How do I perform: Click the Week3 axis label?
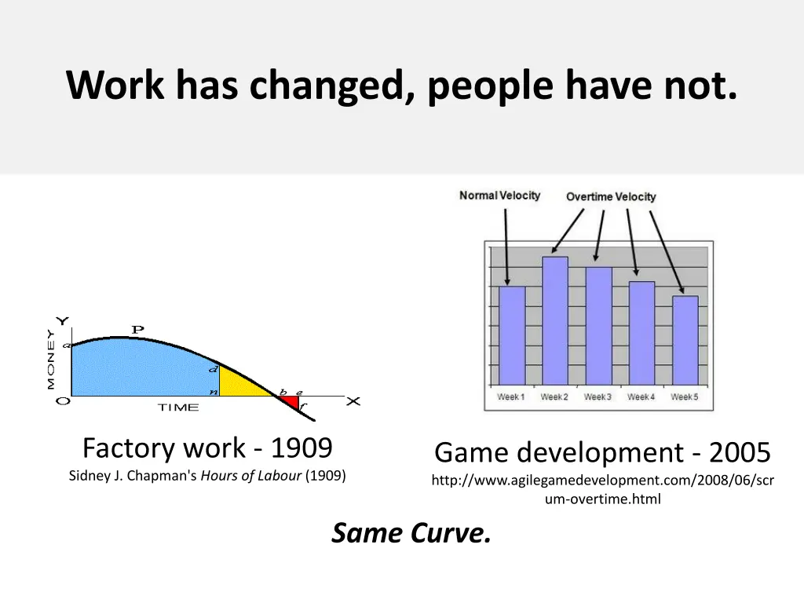tap(598, 397)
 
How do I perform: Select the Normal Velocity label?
tap(499, 196)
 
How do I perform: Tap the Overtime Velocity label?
tap(611, 197)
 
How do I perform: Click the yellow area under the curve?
tap(239, 385)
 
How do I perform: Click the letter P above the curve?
tap(137, 330)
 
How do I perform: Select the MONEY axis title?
tap(51, 360)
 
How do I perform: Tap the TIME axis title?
tap(178, 407)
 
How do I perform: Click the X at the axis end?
tap(353, 401)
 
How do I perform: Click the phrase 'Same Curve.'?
tap(411, 533)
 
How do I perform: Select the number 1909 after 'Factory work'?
tap(301, 448)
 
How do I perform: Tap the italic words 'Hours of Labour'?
tap(251, 475)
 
